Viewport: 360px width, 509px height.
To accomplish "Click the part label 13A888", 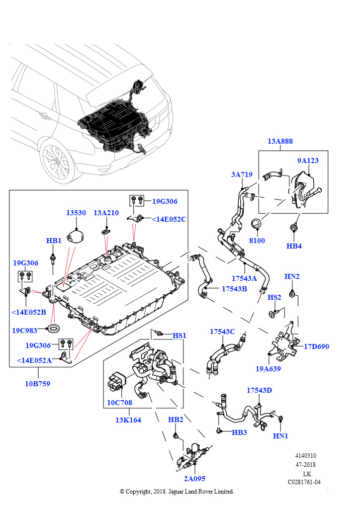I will [280, 141].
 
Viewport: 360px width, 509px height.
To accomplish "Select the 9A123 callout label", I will [308, 161].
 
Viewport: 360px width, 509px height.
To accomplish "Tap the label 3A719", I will [242, 174].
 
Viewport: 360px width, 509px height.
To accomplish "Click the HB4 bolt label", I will [294, 246].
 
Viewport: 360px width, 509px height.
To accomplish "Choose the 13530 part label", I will [76, 213].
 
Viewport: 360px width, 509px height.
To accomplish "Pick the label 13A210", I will [106, 213].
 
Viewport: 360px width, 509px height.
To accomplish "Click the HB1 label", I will [54, 241].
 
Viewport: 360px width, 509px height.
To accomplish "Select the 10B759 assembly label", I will [38, 384].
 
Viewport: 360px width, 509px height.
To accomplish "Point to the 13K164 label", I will [128, 420].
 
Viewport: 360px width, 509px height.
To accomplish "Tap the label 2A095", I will [194, 479].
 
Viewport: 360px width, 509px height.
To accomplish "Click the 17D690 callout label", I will [316, 346].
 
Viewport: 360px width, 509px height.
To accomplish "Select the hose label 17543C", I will [222, 331].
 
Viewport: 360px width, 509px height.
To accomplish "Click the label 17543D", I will [259, 390].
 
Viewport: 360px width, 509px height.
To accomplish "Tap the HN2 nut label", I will [292, 276].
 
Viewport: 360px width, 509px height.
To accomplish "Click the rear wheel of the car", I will [57, 163].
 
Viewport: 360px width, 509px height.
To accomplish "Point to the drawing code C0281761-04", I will [304, 482].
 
